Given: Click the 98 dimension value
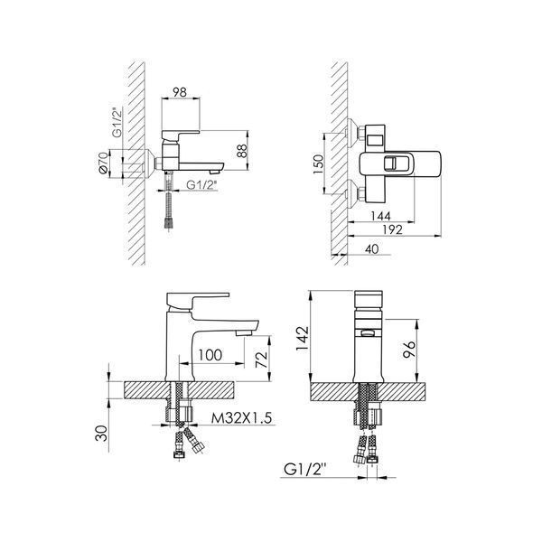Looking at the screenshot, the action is click(180, 92).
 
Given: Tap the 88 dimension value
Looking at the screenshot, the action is click(242, 151).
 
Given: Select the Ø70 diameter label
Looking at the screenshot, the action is click(103, 165).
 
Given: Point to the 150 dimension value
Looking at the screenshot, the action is click(319, 164).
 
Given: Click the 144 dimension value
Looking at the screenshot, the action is click(380, 216).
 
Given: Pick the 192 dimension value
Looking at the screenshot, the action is click(392, 229).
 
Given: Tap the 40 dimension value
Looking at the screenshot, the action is click(371, 249).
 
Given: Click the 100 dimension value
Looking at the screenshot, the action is click(210, 355).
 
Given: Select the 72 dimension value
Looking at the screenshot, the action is click(262, 360).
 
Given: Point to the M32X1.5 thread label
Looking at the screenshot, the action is click(241, 418).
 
